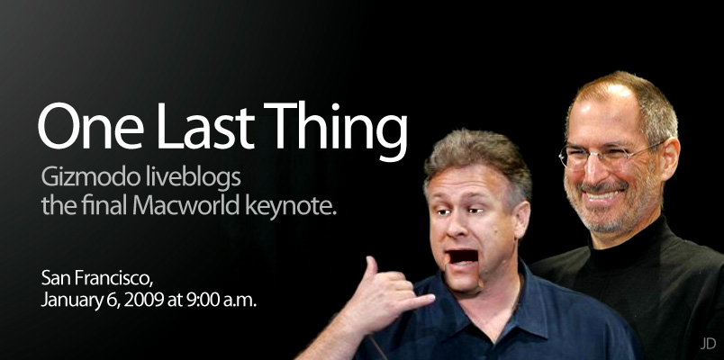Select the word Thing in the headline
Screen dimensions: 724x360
tap(336, 130)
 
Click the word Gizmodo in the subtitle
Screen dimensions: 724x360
tap(90, 177)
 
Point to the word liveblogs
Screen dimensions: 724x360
tap(193, 178)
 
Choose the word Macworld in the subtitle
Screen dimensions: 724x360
tap(186, 205)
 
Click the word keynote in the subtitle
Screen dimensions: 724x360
tap(288, 207)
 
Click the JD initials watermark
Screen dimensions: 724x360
tap(708, 344)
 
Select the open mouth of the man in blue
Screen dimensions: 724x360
tap(463, 256)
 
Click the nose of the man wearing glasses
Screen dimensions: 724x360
tap(596, 171)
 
